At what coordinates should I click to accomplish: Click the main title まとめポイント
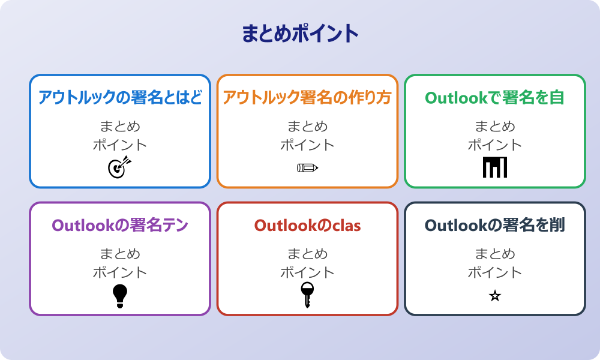click(300, 34)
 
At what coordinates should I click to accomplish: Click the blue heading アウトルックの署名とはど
click(120, 97)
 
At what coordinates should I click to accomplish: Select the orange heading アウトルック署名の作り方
click(307, 97)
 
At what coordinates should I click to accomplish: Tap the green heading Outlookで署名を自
click(495, 97)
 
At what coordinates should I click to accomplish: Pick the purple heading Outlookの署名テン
click(120, 225)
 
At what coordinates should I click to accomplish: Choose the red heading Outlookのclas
click(307, 225)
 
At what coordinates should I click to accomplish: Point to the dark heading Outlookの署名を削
click(495, 225)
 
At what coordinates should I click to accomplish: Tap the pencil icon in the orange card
click(307, 167)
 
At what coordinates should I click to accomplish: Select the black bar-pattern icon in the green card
click(495, 167)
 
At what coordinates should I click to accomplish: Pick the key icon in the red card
click(307, 295)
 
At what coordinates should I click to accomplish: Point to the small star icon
click(495, 296)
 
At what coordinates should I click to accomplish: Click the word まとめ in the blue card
click(120, 127)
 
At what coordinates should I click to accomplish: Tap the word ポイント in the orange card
click(307, 145)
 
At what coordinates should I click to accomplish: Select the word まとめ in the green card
click(495, 127)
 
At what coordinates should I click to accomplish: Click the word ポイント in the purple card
click(120, 272)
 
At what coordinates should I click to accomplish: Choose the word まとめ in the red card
click(307, 254)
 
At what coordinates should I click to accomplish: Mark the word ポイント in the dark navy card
click(495, 272)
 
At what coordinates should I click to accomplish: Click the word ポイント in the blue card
click(120, 145)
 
